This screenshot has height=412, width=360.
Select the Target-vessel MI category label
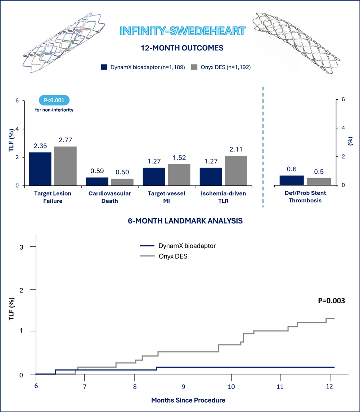tap(166, 197)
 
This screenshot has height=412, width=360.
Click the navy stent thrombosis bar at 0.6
tap(292, 180)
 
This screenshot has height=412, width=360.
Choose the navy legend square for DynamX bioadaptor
tap(104, 67)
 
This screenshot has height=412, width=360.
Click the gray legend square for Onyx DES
tap(195, 67)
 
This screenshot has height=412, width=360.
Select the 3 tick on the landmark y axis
tap(23, 247)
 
